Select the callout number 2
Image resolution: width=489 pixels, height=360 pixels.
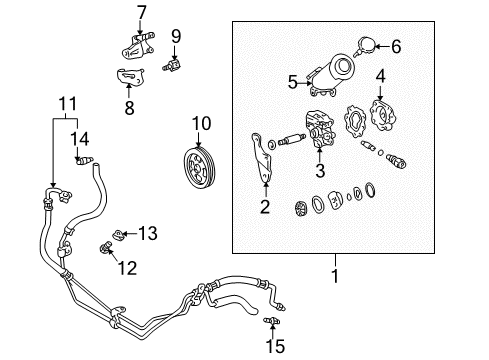(264, 207)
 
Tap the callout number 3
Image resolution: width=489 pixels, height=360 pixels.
(320, 172)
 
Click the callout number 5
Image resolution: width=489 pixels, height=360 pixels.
(293, 82)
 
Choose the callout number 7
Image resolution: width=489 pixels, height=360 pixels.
(141, 13)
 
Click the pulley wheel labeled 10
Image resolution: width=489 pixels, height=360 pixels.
(200, 162)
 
